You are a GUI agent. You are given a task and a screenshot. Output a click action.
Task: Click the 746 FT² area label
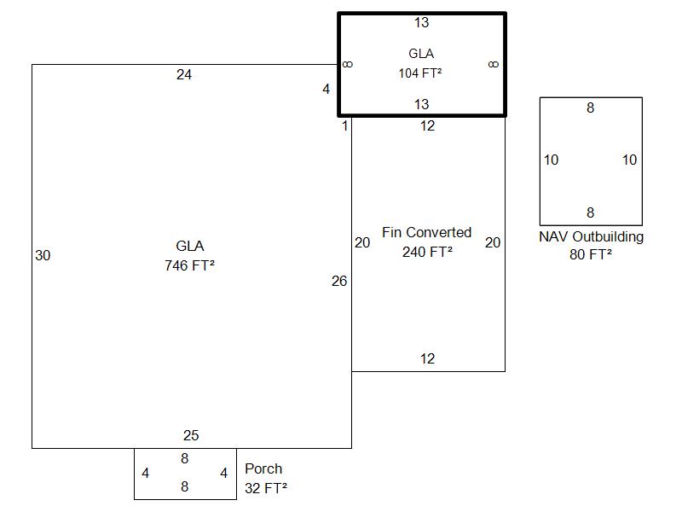(189, 265)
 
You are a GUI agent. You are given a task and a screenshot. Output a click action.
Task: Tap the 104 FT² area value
(419, 73)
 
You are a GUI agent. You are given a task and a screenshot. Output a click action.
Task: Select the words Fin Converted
(426, 232)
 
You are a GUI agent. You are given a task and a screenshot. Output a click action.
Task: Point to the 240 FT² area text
(427, 252)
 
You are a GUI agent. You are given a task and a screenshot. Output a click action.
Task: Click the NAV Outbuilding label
(591, 236)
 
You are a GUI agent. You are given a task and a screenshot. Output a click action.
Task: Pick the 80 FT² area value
(591, 254)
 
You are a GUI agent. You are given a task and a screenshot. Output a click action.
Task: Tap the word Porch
(263, 468)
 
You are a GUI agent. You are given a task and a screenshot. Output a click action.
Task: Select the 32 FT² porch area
(265, 488)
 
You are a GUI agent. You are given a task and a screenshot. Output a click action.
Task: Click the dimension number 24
(184, 75)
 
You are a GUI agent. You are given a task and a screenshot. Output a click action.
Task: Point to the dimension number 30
(43, 255)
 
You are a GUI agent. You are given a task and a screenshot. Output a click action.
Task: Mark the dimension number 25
(191, 436)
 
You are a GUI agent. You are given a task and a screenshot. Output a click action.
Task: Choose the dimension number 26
(339, 281)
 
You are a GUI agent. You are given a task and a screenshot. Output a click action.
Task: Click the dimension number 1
(345, 126)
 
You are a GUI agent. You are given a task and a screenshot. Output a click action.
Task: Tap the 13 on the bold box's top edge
(422, 22)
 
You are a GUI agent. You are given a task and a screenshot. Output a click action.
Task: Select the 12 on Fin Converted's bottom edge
(428, 359)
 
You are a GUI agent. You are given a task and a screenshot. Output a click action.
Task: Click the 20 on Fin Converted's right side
(493, 243)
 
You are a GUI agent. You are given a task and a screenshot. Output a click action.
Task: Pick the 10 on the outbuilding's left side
(552, 160)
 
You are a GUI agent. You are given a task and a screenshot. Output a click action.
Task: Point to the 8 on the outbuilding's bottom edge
(591, 212)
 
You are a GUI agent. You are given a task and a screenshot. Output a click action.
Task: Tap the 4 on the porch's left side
(146, 473)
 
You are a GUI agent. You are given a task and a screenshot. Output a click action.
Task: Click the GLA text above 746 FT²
(190, 247)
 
